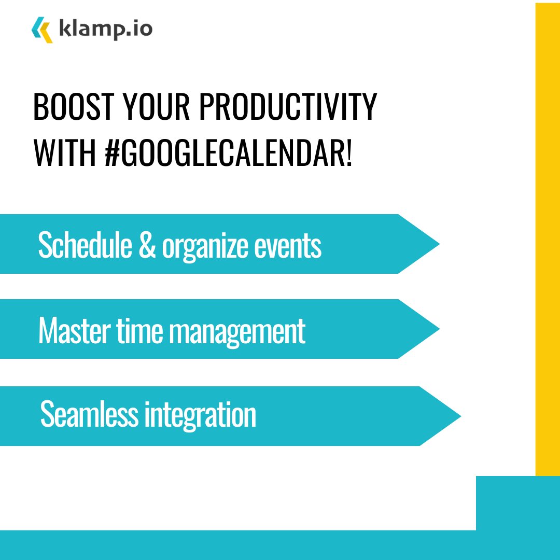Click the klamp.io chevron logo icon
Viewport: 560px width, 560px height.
coord(42,29)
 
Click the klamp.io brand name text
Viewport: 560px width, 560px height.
coord(105,29)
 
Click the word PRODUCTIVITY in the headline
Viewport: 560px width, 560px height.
coord(288,108)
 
